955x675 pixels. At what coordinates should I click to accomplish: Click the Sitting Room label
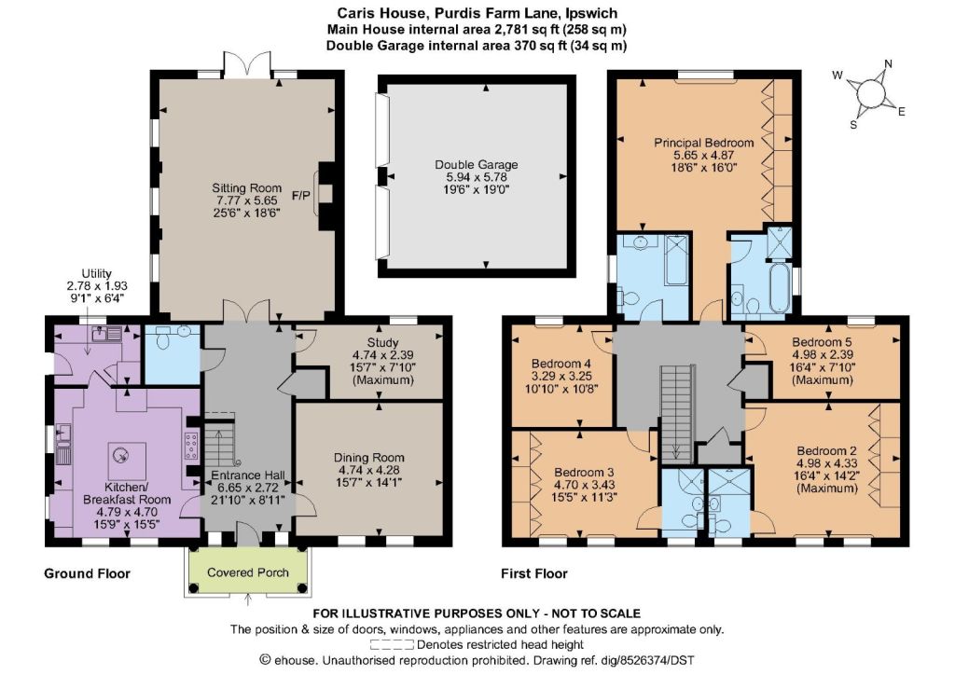click(x=246, y=188)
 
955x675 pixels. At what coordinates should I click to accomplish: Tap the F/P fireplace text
click(x=301, y=196)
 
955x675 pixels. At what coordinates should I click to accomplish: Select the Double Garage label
click(x=477, y=164)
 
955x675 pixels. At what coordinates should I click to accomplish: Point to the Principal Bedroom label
click(x=703, y=143)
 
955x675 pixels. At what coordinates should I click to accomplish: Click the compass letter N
click(x=888, y=64)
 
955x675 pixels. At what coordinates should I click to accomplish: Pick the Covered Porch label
click(x=248, y=572)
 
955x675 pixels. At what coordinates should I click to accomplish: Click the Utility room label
click(x=97, y=274)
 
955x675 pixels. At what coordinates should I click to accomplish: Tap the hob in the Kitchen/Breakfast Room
click(x=191, y=446)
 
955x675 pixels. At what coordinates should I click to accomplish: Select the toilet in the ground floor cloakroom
click(x=162, y=337)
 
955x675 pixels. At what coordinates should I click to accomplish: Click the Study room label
click(x=382, y=343)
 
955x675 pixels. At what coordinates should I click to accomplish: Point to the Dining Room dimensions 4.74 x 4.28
click(x=368, y=470)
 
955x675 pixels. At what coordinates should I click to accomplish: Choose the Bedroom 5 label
click(x=822, y=342)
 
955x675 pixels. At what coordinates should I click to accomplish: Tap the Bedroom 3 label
click(x=584, y=473)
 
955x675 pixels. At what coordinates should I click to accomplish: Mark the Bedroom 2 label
click(x=826, y=451)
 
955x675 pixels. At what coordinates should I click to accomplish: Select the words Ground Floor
click(x=87, y=573)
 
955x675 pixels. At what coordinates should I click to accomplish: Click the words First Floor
click(x=534, y=573)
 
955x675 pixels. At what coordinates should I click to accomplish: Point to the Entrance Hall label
click(x=248, y=475)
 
